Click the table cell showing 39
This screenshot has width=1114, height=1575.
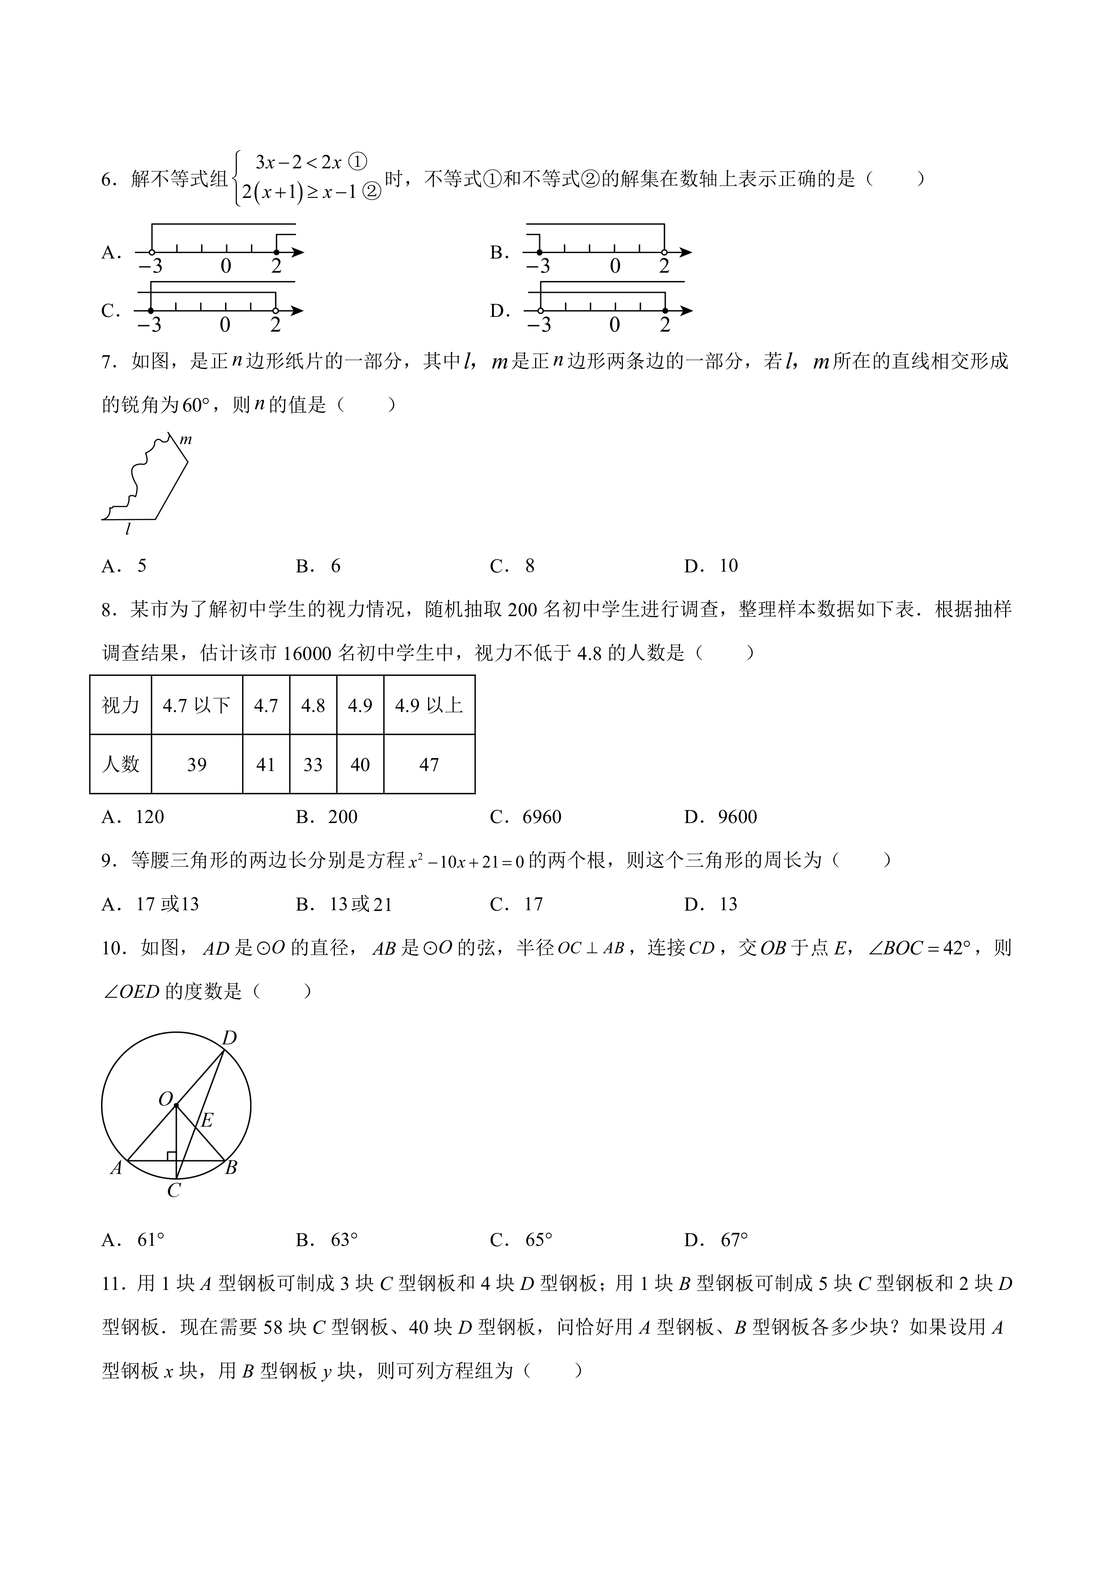197,765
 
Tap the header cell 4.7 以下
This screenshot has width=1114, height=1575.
197,705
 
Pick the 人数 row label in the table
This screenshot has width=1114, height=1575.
121,765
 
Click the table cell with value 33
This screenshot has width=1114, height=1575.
313,765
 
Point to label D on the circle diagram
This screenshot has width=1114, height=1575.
229,1038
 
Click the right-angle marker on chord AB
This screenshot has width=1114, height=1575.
171,1156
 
